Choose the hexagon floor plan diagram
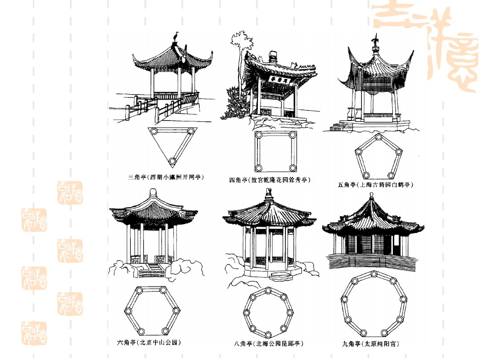click(152, 310)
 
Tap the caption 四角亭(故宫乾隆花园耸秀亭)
click(270, 180)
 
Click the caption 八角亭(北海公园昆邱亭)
click(268, 344)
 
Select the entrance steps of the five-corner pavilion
click(338, 126)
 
